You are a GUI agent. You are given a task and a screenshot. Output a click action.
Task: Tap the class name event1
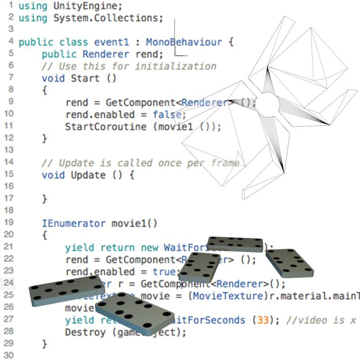click(111, 43)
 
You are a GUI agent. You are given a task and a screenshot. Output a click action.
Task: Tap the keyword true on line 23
click(165, 272)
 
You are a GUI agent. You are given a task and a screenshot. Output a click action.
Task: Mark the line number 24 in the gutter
click(9, 283)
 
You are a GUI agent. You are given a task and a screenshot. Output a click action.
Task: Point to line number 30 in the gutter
click(9, 355)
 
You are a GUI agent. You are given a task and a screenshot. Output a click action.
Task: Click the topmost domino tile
click(235, 244)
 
